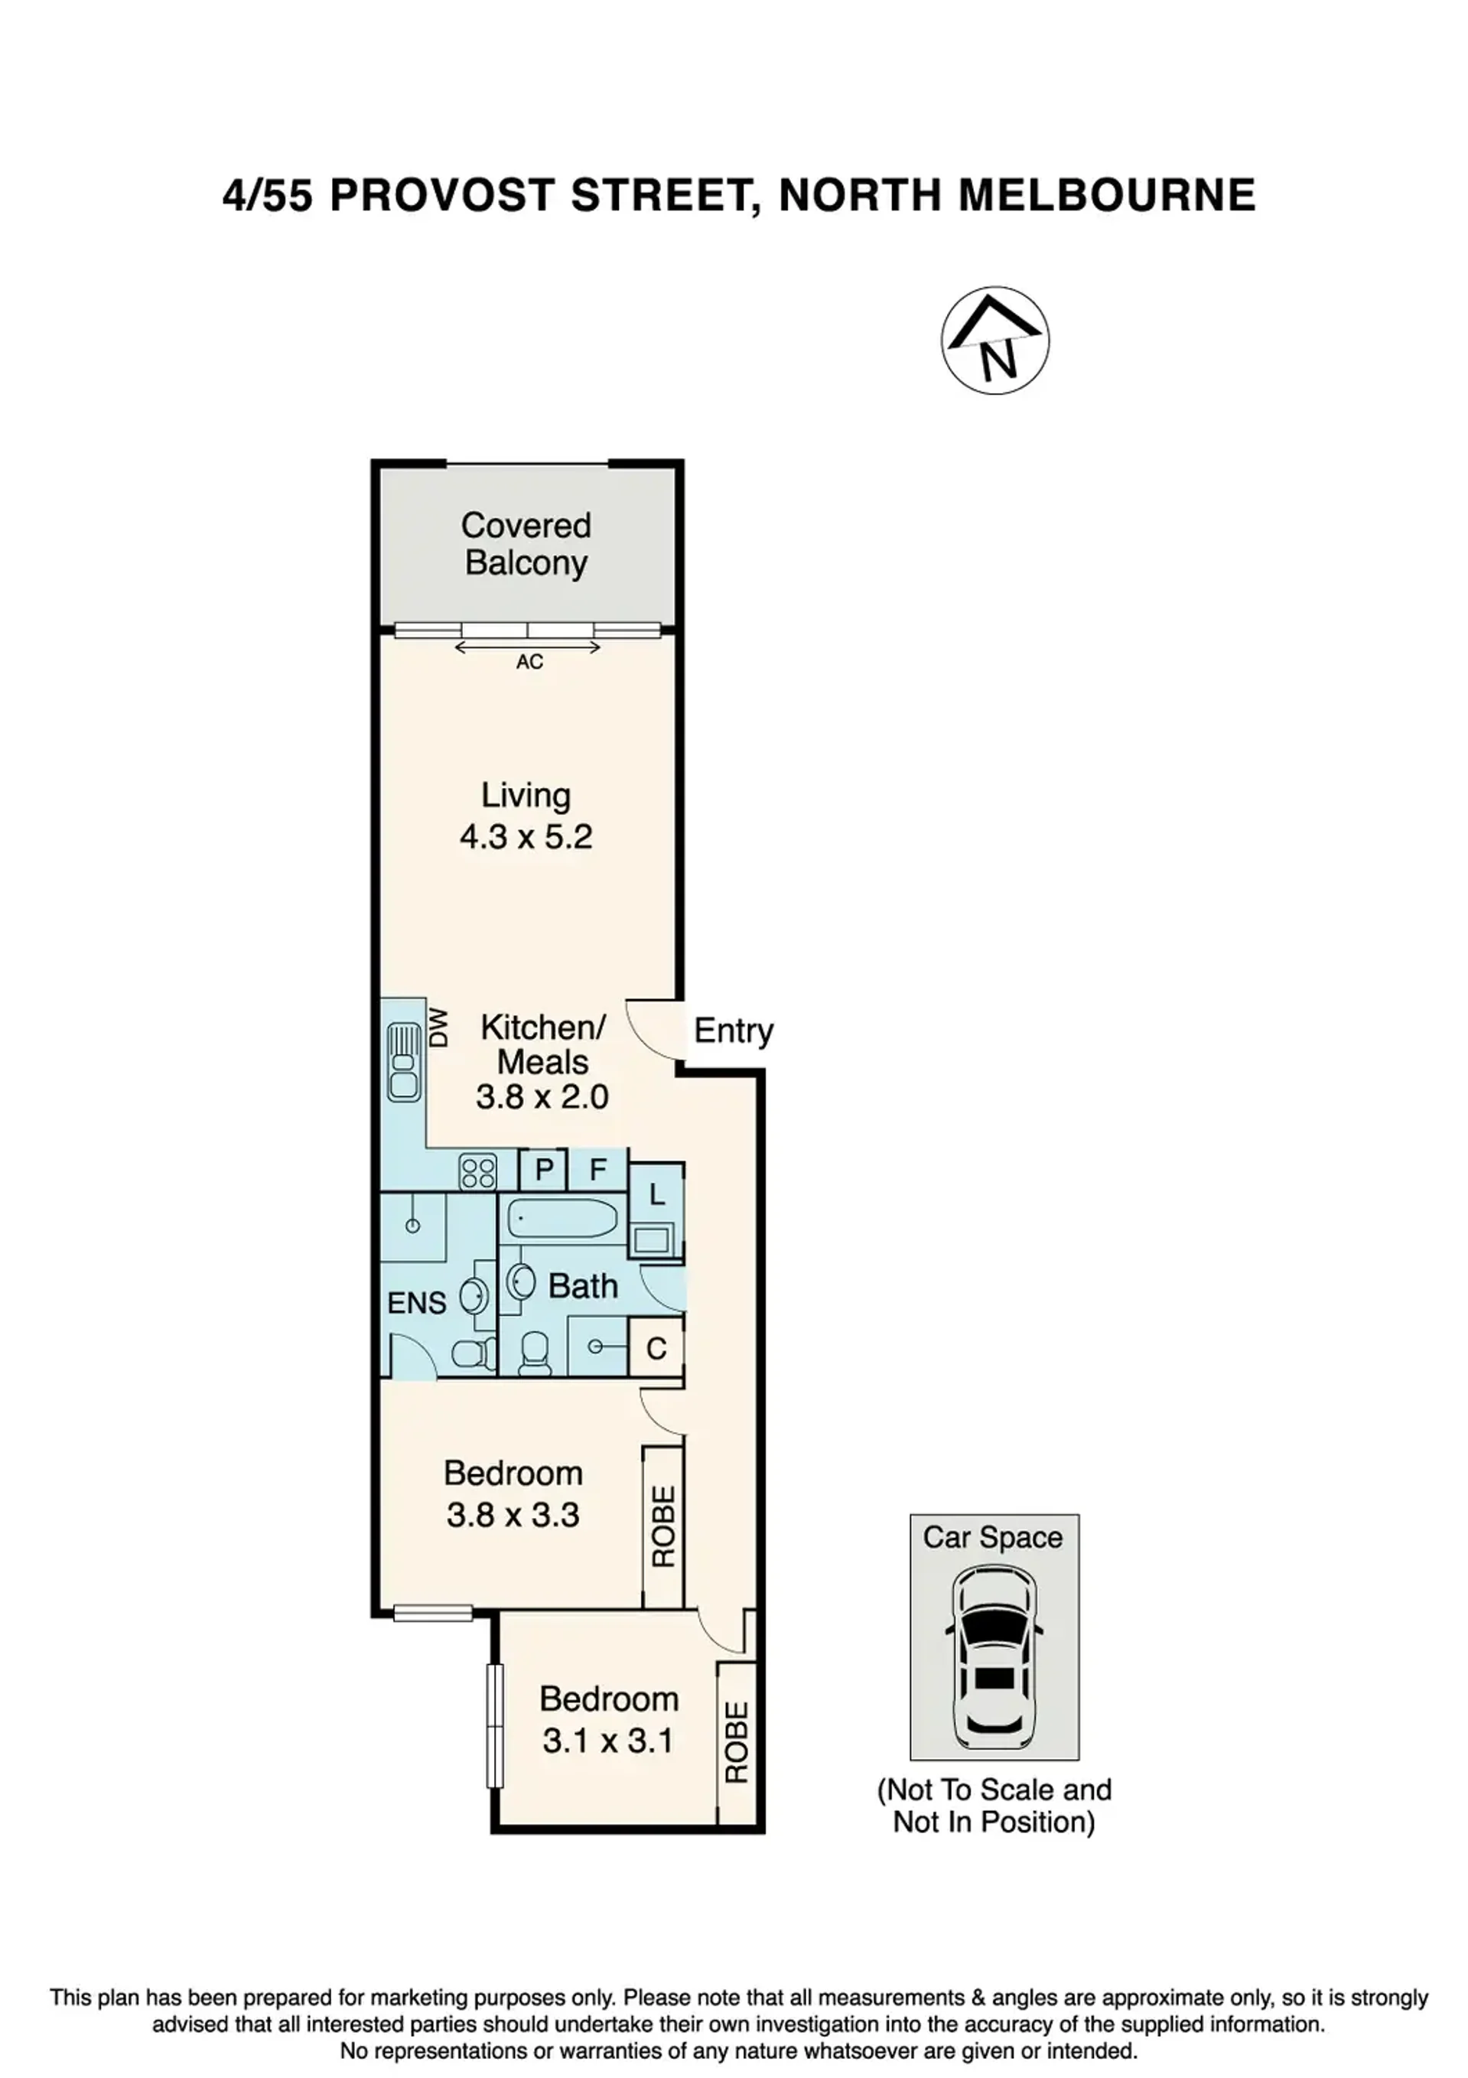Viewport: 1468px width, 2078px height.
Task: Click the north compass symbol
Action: point(994,340)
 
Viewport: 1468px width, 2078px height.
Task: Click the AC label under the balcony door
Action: point(529,662)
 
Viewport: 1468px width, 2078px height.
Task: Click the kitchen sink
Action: point(404,1063)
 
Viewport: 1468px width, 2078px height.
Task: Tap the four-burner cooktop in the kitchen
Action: point(478,1171)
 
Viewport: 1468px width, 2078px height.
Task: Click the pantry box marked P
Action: point(543,1169)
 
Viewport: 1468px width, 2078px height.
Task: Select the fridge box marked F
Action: point(597,1169)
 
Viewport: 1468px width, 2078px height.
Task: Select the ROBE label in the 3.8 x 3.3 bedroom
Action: point(663,1527)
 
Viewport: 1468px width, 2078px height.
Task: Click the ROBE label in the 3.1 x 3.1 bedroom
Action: point(737,1743)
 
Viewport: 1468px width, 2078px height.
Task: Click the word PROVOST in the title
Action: point(443,196)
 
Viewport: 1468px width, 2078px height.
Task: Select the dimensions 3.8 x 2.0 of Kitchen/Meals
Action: point(542,1097)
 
